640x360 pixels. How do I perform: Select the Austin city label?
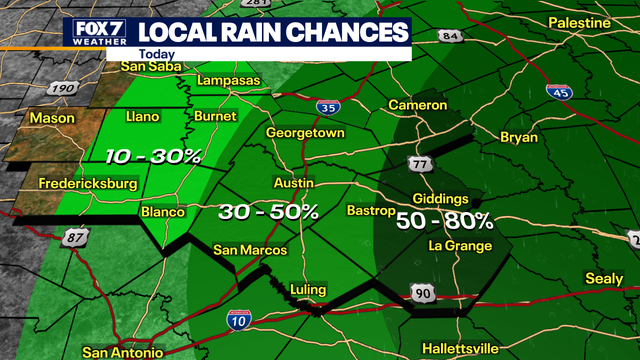pyautogui.click(x=294, y=184)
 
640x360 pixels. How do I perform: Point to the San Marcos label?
pyautogui.click(x=251, y=250)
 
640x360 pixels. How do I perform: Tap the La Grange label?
pyautogui.click(x=459, y=245)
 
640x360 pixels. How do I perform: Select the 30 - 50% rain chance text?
pyautogui.click(x=269, y=212)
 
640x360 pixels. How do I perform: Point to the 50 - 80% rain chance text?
pyautogui.click(x=444, y=221)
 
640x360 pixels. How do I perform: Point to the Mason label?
pyautogui.click(x=52, y=118)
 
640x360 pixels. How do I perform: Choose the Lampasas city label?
pyautogui.click(x=230, y=80)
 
